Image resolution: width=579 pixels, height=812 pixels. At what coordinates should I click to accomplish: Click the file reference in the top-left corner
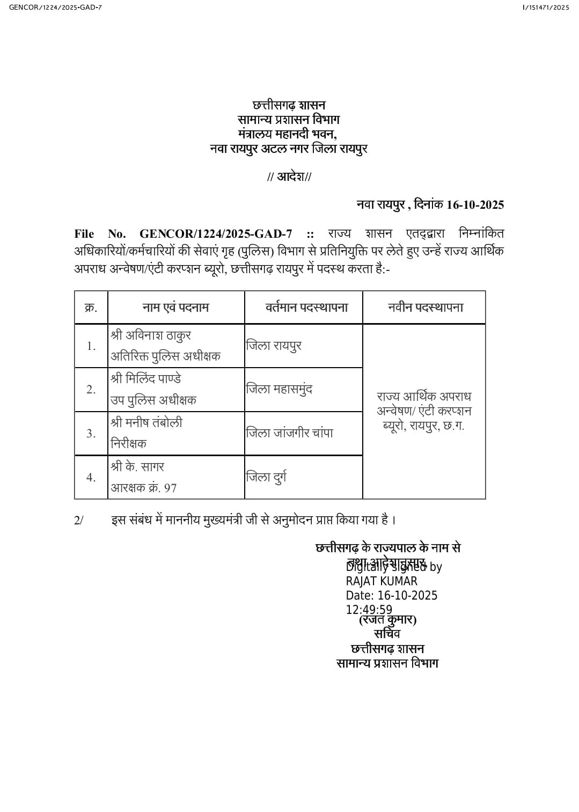[x=55, y=7]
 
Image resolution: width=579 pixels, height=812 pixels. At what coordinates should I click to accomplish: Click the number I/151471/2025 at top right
[x=545, y=7]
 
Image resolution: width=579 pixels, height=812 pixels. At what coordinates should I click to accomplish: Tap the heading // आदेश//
[x=289, y=177]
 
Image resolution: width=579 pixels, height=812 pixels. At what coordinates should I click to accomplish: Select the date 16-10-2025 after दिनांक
[x=475, y=204]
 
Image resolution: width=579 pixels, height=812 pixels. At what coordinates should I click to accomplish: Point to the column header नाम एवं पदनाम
[x=175, y=308]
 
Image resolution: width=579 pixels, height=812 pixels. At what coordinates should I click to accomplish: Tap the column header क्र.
[x=91, y=308]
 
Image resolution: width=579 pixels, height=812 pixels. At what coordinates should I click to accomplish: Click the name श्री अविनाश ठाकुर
[x=151, y=335]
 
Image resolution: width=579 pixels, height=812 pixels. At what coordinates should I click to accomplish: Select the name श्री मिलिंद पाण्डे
[x=146, y=378]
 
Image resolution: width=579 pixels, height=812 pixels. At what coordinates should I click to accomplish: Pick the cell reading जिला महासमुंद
[x=279, y=389]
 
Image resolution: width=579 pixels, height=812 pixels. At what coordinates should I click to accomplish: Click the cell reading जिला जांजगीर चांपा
[x=290, y=433]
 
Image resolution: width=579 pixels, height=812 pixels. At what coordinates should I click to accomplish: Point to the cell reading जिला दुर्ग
[x=266, y=477]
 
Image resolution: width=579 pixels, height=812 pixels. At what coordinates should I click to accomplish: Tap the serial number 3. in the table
[x=91, y=433]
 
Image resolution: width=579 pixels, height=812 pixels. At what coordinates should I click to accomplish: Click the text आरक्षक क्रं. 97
[x=144, y=488]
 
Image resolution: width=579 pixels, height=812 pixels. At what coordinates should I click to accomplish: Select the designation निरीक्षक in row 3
[x=128, y=444]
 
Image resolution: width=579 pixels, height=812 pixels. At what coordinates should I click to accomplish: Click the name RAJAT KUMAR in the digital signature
[x=382, y=581]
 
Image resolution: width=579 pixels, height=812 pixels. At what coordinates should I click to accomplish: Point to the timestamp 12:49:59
[x=369, y=610]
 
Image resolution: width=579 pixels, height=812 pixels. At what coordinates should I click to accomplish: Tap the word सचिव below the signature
[x=387, y=634]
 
